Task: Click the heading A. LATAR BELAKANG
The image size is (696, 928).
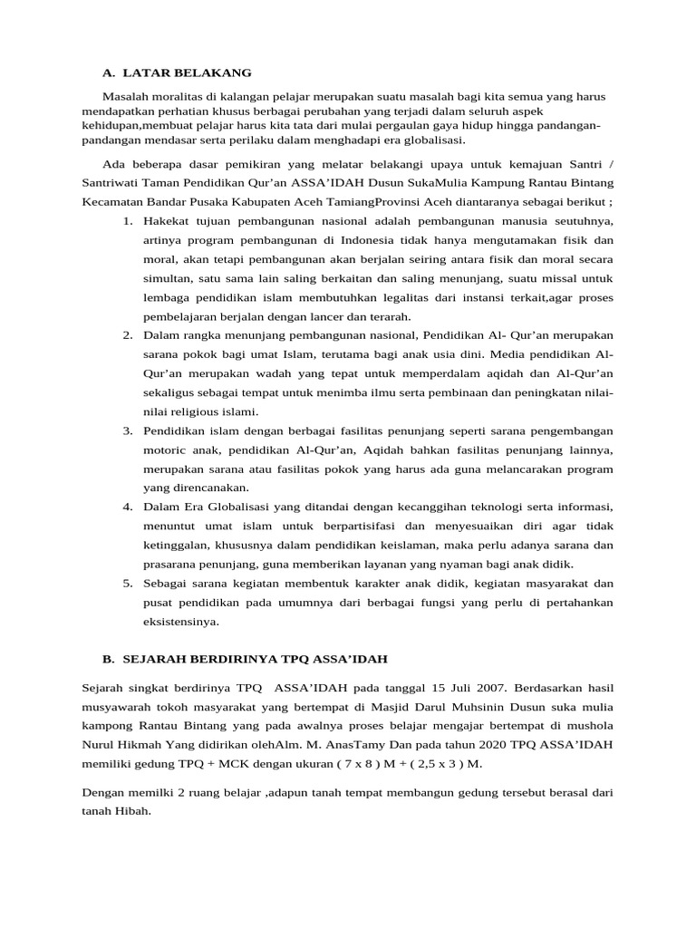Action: click(x=177, y=72)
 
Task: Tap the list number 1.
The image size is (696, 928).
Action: click(x=128, y=221)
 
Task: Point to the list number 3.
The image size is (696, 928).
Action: click(x=128, y=430)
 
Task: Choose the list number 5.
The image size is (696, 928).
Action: click(x=128, y=582)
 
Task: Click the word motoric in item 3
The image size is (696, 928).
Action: click(x=167, y=449)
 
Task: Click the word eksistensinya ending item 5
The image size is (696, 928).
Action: click(x=181, y=621)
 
